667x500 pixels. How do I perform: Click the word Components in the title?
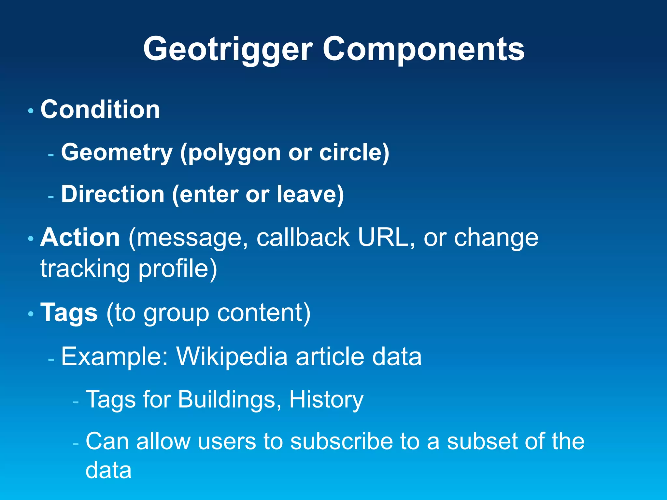[x=423, y=49]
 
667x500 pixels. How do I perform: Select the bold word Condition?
[x=100, y=109]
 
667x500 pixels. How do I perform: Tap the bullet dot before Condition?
[x=31, y=111]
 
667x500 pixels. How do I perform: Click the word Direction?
[x=113, y=194]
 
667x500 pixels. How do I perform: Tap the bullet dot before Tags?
[x=31, y=314]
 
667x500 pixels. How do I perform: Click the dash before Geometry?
[x=51, y=155]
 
